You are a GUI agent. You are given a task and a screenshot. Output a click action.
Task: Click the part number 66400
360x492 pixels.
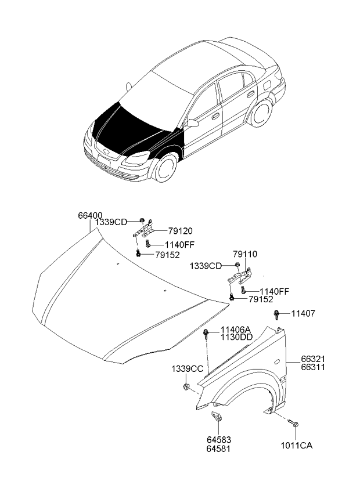[x=91, y=215]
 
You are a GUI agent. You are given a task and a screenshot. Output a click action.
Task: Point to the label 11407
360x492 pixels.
[x=303, y=313]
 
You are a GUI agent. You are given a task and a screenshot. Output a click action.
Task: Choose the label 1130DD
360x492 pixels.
[x=236, y=338]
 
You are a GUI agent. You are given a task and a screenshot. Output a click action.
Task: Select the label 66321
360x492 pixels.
[x=312, y=359]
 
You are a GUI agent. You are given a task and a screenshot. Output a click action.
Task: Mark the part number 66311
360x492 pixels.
[x=312, y=367]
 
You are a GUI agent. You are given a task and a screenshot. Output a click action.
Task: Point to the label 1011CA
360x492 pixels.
[x=297, y=446]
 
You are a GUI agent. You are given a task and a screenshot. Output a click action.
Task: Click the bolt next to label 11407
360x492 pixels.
[x=277, y=314]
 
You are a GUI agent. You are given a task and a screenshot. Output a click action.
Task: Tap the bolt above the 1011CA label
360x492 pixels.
[x=296, y=425]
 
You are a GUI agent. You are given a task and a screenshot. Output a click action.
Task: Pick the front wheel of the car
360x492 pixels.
[x=164, y=167]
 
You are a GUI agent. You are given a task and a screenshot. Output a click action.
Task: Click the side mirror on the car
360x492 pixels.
[x=192, y=123]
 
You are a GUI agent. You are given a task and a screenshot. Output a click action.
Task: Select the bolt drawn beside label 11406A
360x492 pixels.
[x=207, y=333]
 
